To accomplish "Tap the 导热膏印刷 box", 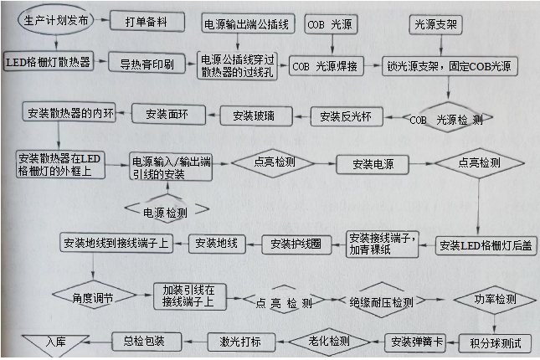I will click(146, 62).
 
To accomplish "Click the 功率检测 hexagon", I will click(495, 299).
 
